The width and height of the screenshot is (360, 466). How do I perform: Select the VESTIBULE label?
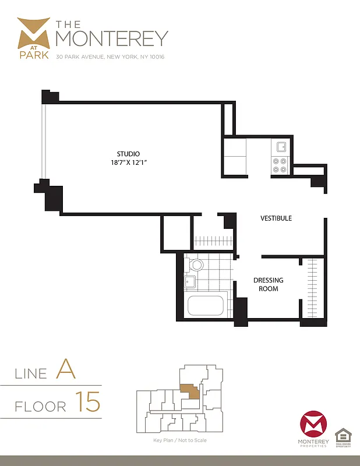click(276, 218)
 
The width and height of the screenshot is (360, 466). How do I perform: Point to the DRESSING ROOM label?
click(268, 284)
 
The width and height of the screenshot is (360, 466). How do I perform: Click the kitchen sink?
click(281, 147)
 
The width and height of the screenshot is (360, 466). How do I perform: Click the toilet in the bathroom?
click(195, 266)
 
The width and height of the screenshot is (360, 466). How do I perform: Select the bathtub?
click(205, 305)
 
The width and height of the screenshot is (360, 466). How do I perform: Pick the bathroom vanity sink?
click(190, 283)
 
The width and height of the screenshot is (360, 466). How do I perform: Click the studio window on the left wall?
click(42, 142)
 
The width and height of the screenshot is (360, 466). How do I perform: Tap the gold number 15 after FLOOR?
click(87, 403)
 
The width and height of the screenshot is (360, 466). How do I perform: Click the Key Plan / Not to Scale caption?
click(179, 440)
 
